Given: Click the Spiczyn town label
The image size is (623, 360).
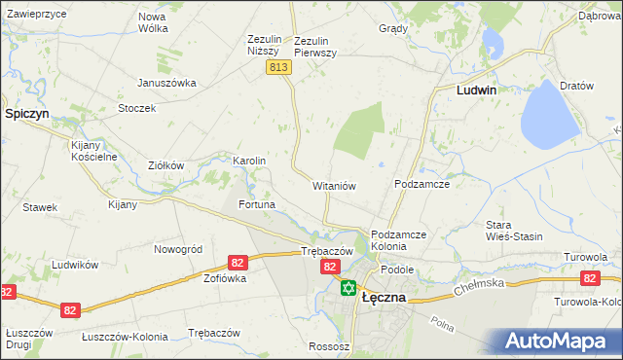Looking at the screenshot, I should click(27, 114).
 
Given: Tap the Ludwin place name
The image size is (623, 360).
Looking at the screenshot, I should click(477, 90).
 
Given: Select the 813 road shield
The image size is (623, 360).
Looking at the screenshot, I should click(277, 66).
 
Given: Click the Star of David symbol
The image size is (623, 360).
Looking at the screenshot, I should click(348, 287).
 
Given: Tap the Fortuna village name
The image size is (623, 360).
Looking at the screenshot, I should click(257, 205).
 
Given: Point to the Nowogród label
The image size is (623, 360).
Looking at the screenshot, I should click(178, 249).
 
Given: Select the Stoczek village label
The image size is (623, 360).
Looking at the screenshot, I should click(137, 108).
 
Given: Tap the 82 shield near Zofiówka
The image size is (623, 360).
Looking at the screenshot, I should click(238, 263).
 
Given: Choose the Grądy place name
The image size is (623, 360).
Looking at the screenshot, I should click(392, 28).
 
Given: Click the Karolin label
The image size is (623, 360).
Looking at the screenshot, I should click(249, 161).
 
